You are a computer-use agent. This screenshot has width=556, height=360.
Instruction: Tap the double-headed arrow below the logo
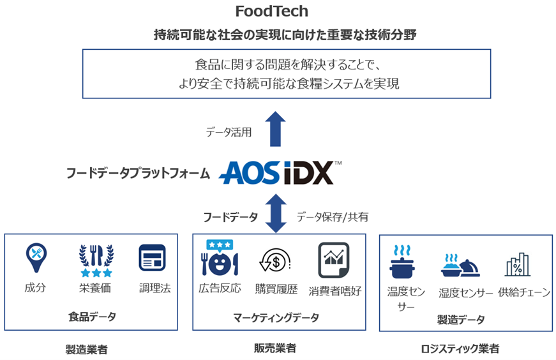coord(276,213)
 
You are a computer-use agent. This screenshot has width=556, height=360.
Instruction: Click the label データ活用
coord(229,133)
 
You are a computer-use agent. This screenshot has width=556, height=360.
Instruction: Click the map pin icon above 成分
coord(36,259)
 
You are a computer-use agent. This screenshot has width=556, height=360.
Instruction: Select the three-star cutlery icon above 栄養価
coord(95,260)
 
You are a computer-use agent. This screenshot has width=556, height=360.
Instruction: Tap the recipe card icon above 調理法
coord(152,258)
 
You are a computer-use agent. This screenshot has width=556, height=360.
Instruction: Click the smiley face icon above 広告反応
coord(219,258)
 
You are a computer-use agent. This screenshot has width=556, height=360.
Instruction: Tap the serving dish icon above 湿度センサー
coord(460,265)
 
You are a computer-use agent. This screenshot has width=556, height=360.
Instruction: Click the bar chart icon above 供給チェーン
coord(517,264)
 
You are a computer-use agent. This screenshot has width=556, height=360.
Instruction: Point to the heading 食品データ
coord(92,317)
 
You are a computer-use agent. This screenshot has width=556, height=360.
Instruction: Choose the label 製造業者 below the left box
coord(86,349)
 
